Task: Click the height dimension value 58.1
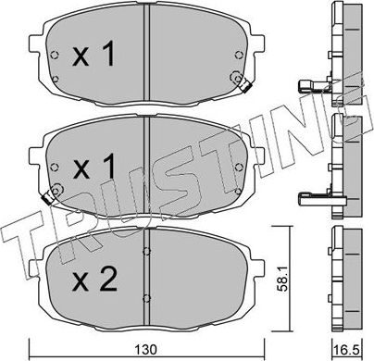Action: click(290, 272)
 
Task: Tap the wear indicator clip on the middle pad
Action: click(51, 194)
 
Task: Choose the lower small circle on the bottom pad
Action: click(147, 296)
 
